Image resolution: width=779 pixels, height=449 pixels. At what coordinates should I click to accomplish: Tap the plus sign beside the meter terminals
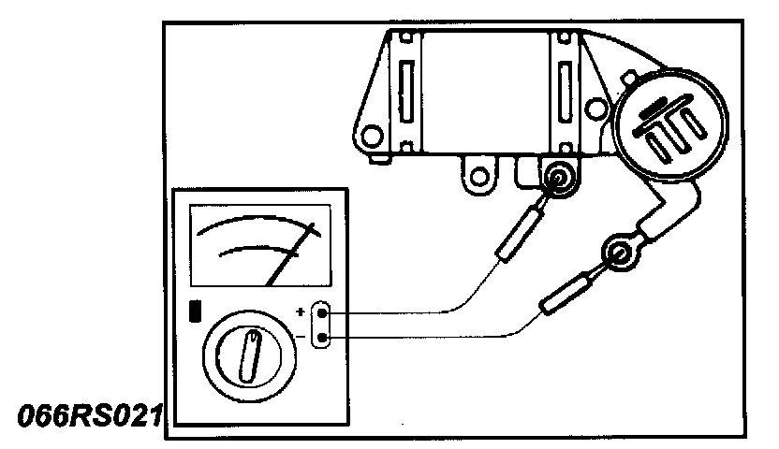coord(301,312)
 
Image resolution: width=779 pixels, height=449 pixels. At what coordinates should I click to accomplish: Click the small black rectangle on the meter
coord(195,311)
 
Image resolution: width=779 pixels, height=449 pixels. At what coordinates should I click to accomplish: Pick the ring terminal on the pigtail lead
coord(619,252)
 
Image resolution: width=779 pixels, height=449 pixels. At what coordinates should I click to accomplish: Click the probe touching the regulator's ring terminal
coord(516,235)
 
